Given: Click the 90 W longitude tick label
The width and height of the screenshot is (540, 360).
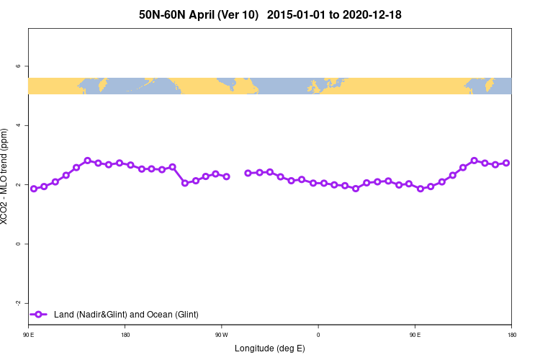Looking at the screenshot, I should point(221,334).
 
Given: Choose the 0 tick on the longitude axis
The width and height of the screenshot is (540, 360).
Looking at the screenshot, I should point(318,334).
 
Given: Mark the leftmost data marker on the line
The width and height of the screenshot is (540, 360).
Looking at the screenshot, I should point(34,189).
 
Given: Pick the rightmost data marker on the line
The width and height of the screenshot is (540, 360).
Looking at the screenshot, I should point(506,163).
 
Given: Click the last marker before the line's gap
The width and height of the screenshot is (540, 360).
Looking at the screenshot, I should point(226,176).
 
